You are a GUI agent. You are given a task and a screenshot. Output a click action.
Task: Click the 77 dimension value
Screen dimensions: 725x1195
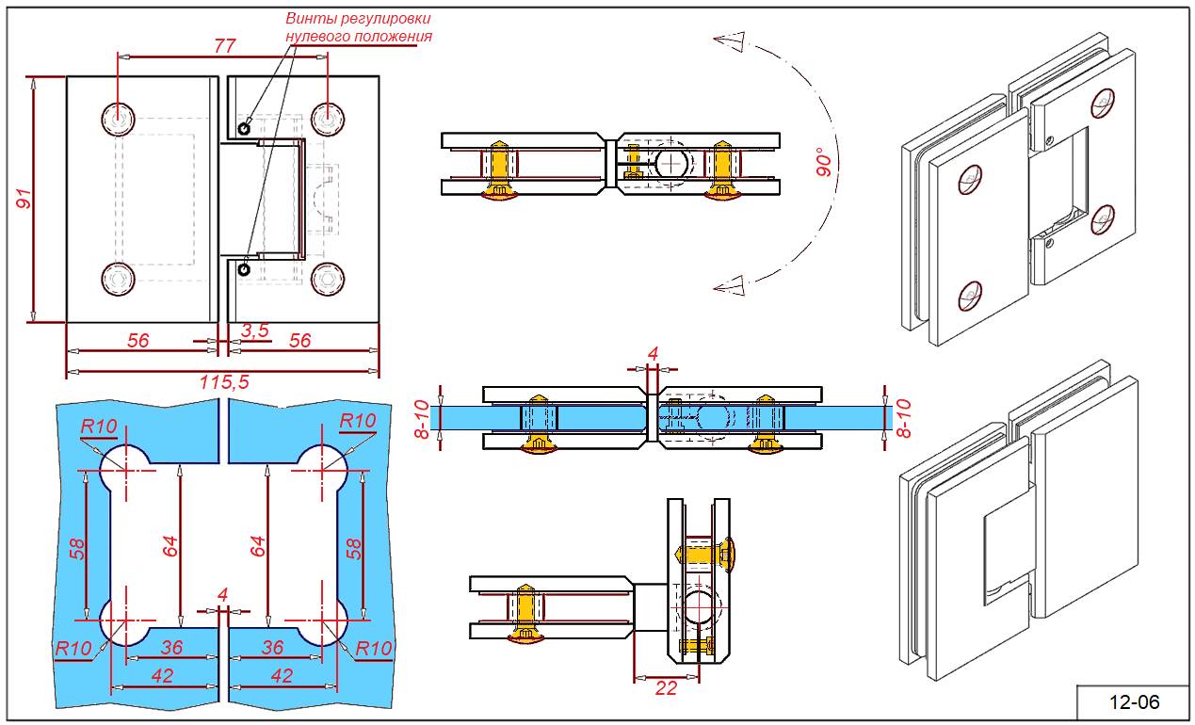[x=225, y=44]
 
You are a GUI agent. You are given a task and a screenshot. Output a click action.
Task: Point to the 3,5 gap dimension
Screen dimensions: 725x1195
[x=254, y=330]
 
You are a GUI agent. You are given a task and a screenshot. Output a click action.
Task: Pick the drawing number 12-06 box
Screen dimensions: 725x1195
[x=1134, y=701]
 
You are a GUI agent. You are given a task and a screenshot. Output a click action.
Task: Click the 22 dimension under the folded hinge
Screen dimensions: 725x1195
[x=666, y=688]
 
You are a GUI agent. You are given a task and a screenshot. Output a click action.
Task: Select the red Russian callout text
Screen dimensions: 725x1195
[x=359, y=27]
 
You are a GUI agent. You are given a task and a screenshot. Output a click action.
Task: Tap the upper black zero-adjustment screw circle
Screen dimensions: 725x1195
[x=244, y=128]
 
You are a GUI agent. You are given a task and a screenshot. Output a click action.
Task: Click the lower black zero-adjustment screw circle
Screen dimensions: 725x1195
[x=244, y=270]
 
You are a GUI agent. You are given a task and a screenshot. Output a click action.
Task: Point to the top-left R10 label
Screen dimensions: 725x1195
[x=99, y=427]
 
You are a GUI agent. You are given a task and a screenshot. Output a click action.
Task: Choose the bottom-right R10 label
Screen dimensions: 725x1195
[x=373, y=648]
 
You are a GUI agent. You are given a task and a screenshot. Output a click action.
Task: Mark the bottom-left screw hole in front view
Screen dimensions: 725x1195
[x=118, y=279]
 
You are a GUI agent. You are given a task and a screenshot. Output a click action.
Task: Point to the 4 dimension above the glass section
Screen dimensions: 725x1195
[x=653, y=354]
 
